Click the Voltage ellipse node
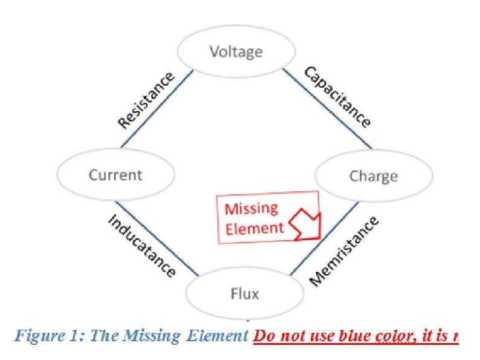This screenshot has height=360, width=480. pyautogui.click(x=236, y=52)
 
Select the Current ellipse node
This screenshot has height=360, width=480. pyautogui.click(x=115, y=175)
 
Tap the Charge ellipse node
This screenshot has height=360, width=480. pyautogui.click(x=373, y=176)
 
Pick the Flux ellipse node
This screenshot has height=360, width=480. pyautogui.click(x=244, y=294)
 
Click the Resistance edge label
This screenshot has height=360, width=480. pyautogui.click(x=146, y=100)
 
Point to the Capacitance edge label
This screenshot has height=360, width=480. pyautogui.click(x=337, y=97)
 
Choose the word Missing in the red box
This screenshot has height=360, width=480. pyautogui.click(x=251, y=209)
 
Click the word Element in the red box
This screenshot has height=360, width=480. pyautogui.click(x=254, y=228)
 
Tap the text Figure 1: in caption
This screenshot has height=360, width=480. pyautogui.click(x=50, y=336)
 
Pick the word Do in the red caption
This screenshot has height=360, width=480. pyautogui.click(x=263, y=336)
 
